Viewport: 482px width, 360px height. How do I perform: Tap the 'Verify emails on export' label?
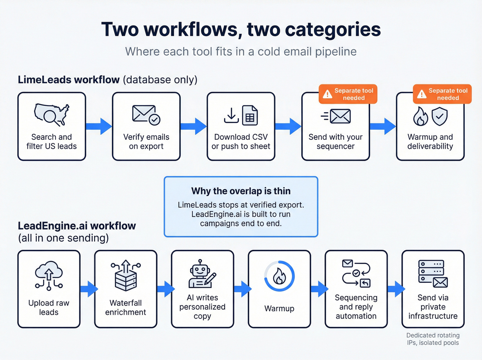pos(146,142)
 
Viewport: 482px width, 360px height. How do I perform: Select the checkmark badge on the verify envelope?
pos(155,120)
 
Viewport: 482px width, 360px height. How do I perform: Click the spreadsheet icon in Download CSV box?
pos(250,115)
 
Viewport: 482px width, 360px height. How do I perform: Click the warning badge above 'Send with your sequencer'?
pos(348,94)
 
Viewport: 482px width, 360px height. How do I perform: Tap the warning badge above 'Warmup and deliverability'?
pos(442,94)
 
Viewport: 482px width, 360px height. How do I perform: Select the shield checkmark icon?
pos(440,116)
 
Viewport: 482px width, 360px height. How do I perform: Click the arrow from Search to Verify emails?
pos(99,126)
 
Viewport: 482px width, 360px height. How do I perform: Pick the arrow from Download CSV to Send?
pos(288,126)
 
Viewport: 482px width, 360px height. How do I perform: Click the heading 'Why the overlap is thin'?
pos(241,191)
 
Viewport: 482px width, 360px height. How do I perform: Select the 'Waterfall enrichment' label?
pos(126,307)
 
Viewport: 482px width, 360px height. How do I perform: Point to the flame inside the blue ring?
pos(279,276)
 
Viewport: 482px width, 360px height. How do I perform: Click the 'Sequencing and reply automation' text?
pos(356,307)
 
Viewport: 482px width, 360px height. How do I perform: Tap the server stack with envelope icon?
pos(433,274)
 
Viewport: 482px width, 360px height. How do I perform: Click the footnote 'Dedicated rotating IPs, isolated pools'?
pos(433,339)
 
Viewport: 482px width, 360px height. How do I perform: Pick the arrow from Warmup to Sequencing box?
pos(319,289)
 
